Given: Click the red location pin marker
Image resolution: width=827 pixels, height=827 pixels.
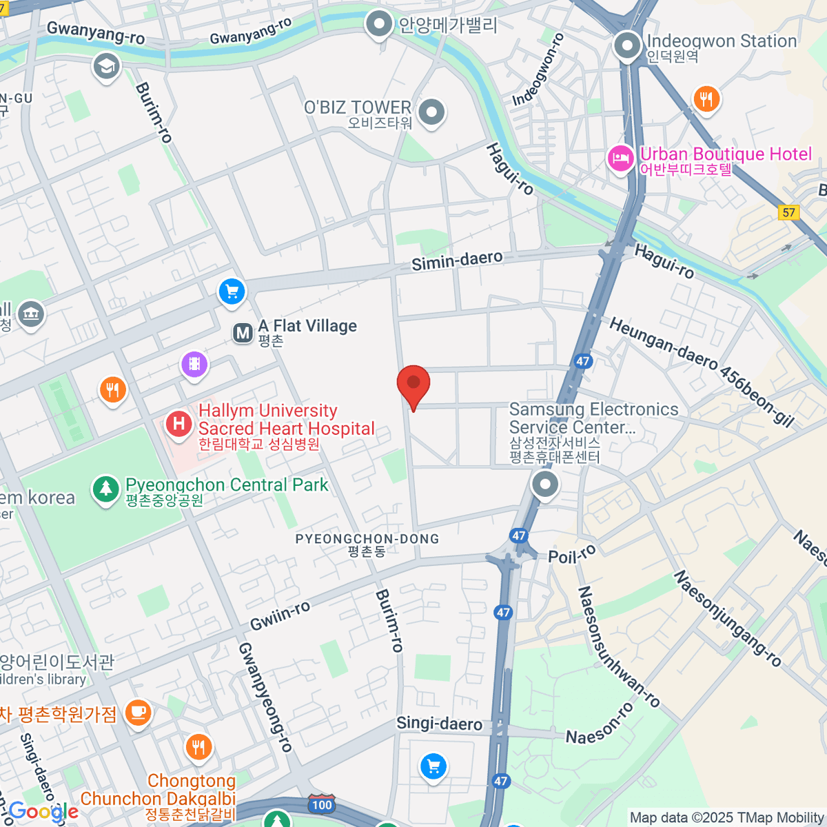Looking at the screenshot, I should click(413, 384).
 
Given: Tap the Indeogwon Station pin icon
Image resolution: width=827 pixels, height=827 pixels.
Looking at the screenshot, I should click(627, 47).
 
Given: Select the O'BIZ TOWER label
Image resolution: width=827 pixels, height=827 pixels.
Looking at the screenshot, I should click(358, 108).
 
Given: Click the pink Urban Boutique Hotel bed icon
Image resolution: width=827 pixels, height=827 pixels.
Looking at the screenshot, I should click(620, 159).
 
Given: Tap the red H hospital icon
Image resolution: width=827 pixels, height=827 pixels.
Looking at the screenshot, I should click(179, 423).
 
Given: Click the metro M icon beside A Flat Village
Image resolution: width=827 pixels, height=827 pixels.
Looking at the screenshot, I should click(243, 334).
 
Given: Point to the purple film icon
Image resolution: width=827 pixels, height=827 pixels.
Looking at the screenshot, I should click(194, 363).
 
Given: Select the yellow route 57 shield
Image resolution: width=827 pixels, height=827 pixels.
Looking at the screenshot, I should click(789, 212).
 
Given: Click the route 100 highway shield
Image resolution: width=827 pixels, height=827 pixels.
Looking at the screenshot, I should click(321, 804).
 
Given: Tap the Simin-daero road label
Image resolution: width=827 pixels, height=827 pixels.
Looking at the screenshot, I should click(457, 261).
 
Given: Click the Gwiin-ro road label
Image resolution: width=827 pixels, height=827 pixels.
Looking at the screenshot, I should click(280, 615).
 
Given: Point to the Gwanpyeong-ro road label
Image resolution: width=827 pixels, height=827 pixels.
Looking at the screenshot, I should click(265, 696).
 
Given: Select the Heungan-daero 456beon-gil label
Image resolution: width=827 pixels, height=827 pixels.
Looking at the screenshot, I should click(702, 372).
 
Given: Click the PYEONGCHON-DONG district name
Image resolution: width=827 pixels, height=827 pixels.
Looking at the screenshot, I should click(367, 539).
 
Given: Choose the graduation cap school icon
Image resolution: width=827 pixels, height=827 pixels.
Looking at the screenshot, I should click(106, 67).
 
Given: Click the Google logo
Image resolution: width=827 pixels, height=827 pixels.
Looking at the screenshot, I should click(43, 812).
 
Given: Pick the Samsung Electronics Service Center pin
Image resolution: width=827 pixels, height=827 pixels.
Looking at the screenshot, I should click(545, 484).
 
